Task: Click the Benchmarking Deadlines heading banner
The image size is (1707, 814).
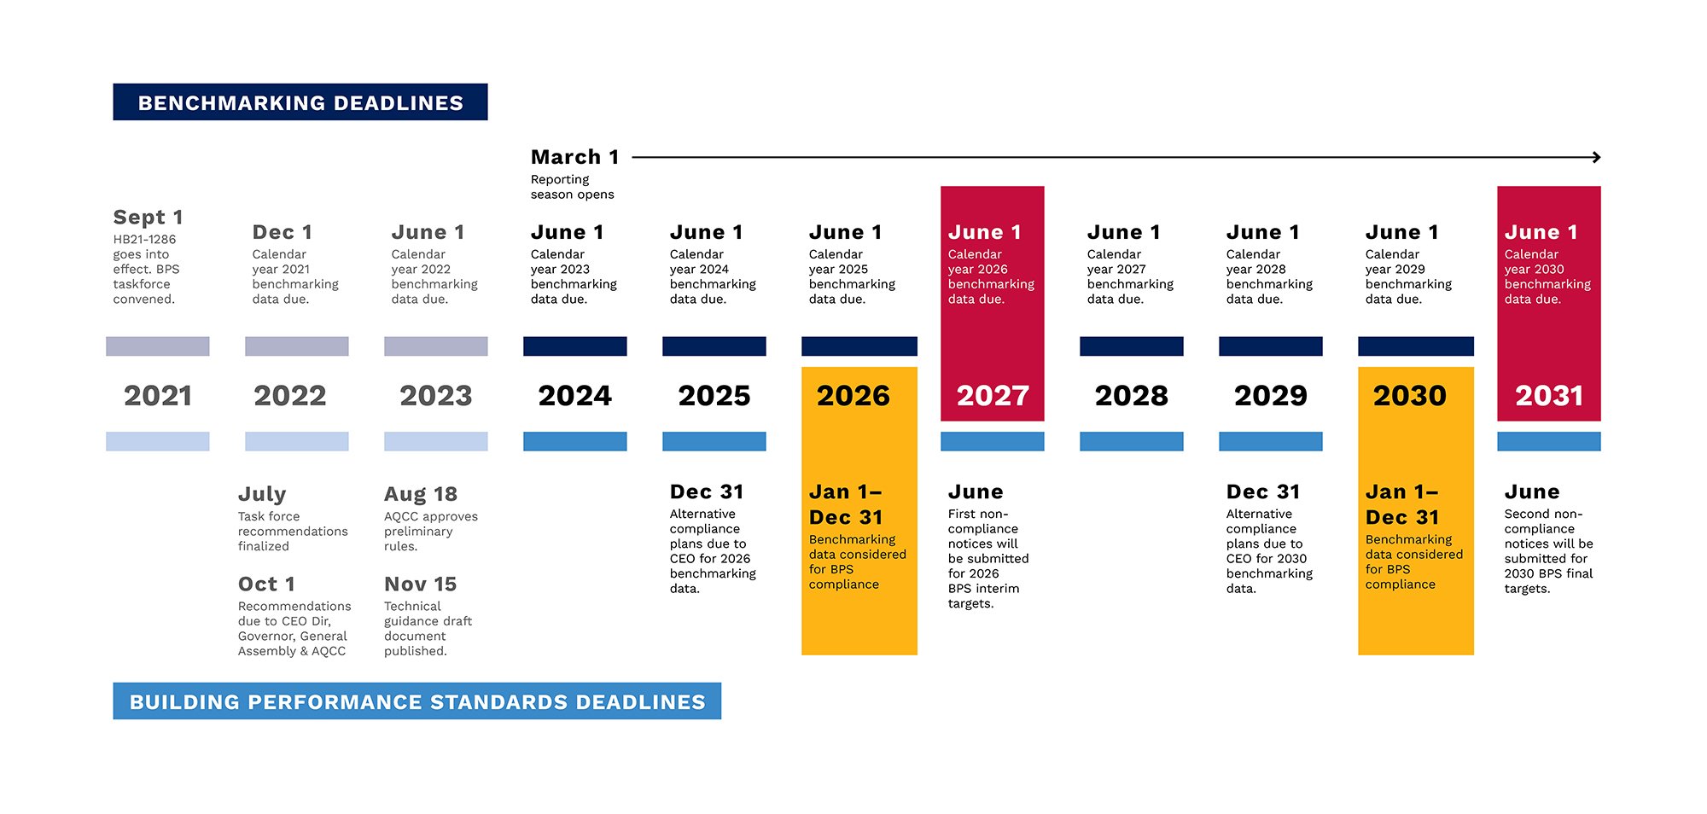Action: coord(300,102)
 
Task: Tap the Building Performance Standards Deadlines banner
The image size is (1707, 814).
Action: coord(417,701)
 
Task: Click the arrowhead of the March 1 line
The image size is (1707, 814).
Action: coord(1596,157)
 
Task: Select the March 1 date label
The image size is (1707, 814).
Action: coord(574,157)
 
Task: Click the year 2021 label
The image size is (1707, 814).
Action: coord(158,396)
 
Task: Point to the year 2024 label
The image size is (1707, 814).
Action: coord(574,396)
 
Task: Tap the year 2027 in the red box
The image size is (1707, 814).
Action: coord(993,396)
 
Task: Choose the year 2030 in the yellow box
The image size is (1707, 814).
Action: coord(1410,396)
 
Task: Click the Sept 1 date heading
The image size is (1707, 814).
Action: coord(148,218)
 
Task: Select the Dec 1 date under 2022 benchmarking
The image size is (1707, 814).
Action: coord(283,232)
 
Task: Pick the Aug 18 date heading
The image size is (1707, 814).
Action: coord(421,494)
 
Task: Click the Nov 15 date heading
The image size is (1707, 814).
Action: coord(421,584)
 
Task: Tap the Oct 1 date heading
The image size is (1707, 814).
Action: coord(266,584)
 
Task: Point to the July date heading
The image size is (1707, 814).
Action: coord(262,494)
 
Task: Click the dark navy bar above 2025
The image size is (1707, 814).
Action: coord(714,346)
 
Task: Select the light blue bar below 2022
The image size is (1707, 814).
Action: coord(296,441)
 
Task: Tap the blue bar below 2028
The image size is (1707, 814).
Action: coord(1131,441)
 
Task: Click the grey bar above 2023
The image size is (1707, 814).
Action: coord(435,346)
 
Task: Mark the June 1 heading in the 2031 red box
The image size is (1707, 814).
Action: coord(1541,232)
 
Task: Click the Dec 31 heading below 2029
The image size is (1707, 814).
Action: coord(1263,492)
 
